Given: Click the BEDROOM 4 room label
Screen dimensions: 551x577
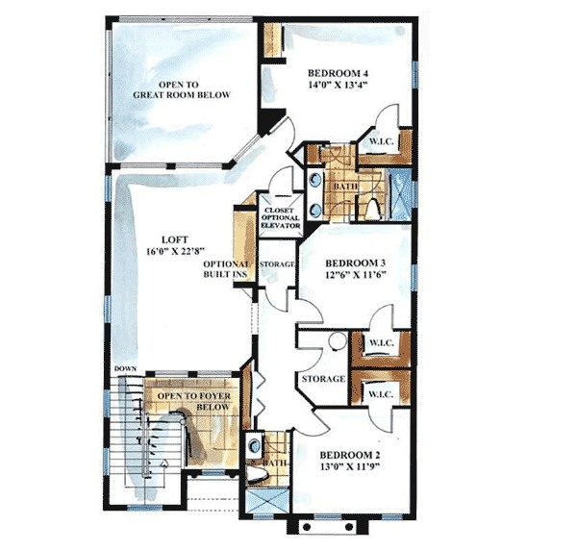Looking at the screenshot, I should click(x=339, y=73).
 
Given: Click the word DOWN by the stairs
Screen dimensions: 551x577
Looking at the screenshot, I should click(x=124, y=369).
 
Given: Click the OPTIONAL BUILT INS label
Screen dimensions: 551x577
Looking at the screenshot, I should click(x=225, y=270).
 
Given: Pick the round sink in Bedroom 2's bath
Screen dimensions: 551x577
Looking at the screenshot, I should click(x=253, y=445).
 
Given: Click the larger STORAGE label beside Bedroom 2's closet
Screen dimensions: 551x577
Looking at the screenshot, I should click(x=321, y=380).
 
